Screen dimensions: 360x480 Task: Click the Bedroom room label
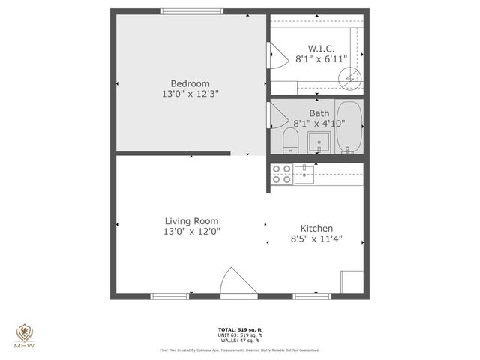pos(190,83)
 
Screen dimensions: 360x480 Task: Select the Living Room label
pos(191,221)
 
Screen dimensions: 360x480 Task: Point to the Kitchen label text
pos(316,229)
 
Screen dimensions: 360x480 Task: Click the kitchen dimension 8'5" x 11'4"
pos(316,239)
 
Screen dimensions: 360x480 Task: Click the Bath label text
pos(319,113)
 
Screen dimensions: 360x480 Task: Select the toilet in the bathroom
pos(290,139)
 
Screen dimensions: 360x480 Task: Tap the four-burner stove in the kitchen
pos(281,174)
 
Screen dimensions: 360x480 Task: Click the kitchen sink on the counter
pos(304,175)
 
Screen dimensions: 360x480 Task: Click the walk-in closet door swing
pos(275,53)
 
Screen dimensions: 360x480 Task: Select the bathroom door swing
pos(276,116)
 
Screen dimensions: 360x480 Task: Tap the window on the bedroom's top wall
pos(192,11)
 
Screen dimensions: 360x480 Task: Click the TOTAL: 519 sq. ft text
pos(239,329)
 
